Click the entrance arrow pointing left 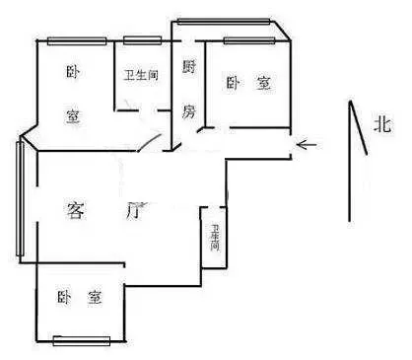coord(307,144)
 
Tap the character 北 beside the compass coord(382,125)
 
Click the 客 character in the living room coord(76,210)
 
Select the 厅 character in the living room coord(135,211)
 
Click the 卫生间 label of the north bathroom coord(141,75)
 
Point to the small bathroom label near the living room coord(215,238)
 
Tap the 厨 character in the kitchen coord(189,67)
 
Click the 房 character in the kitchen coord(189,111)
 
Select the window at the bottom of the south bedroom coord(82,341)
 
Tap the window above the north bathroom coord(142,40)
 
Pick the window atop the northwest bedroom coord(77,41)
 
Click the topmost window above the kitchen coord(224,22)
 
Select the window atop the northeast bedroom coord(249,40)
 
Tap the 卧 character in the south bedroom coord(64,298)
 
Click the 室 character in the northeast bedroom coord(263,83)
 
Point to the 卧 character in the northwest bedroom coord(73,72)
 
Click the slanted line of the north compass coord(358,127)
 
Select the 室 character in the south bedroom coord(95,298)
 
